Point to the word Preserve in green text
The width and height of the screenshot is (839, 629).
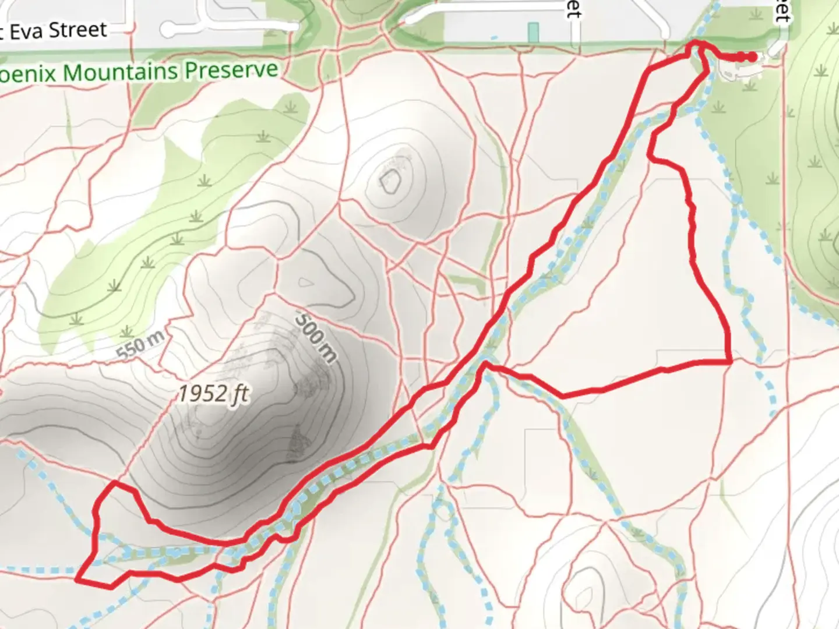tap(231, 70)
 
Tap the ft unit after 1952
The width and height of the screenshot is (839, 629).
tap(240, 394)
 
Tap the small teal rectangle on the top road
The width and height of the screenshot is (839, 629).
tap(533, 32)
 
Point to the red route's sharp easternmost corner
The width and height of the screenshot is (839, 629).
tap(731, 362)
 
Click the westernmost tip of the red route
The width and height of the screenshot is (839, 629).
tap(77, 579)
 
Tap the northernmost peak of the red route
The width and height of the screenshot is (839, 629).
tap(695, 42)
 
